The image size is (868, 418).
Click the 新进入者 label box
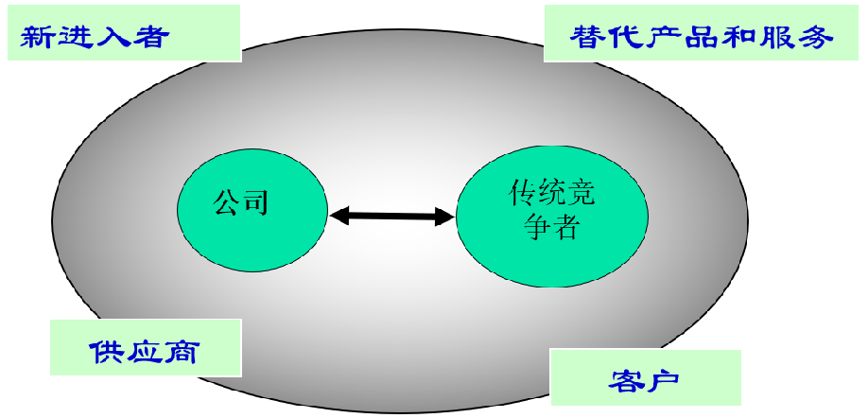pyautogui.click(x=123, y=35)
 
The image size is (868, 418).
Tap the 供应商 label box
pyautogui.click(x=145, y=350)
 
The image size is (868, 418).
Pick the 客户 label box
pyautogui.click(x=645, y=378)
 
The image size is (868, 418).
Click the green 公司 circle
pyautogui.click(x=252, y=209)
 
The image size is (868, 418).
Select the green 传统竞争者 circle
pyautogui.click(x=552, y=217)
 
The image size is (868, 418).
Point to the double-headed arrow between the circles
pyautogui.click(x=392, y=217)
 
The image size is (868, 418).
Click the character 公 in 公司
pyautogui.click(x=227, y=201)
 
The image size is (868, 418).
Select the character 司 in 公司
pyautogui.click(x=255, y=201)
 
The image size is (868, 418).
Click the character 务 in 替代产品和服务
pyautogui.click(x=817, y=37)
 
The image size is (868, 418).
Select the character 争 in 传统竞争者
pyautogui.click(x=536, y=228)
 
